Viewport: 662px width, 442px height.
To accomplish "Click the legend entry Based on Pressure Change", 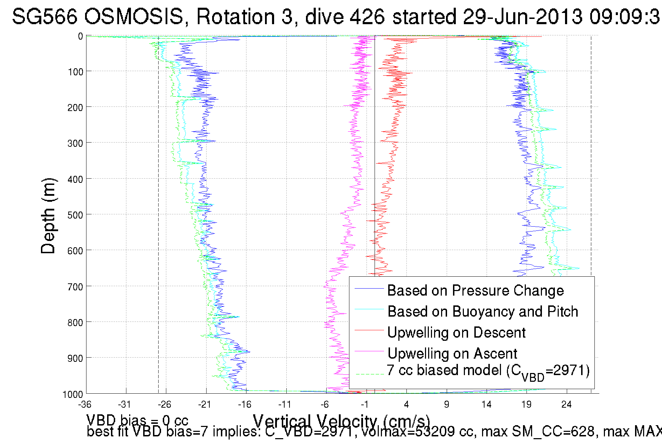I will (x=475, y=291).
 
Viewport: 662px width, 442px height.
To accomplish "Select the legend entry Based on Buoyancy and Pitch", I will (x=482, y=312).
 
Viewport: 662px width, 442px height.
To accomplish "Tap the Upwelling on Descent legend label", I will (x=456, y=333).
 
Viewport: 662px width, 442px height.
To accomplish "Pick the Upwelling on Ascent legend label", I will (x=452, y=354).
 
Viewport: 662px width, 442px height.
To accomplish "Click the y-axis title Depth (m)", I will (x=48, y=216).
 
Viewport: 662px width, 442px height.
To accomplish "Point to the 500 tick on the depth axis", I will (x=75, y=215).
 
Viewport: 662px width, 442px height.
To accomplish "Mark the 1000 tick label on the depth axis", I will (x=73, y=394).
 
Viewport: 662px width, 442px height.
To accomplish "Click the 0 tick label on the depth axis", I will (x=81, y=36).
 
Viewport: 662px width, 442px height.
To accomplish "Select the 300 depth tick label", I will (x=75, y=143).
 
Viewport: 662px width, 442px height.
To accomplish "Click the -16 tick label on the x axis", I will (x=244, y=405).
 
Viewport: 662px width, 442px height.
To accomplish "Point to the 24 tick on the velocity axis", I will (x=566, y=405).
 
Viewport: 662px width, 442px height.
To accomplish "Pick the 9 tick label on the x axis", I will (x=446, y=405).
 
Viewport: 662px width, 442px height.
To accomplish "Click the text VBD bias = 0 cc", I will (x=137, y=420).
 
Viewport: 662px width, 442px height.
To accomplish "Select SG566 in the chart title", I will (x=44, y=16).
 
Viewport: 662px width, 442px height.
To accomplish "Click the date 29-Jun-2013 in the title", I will (x=523, y=16).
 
